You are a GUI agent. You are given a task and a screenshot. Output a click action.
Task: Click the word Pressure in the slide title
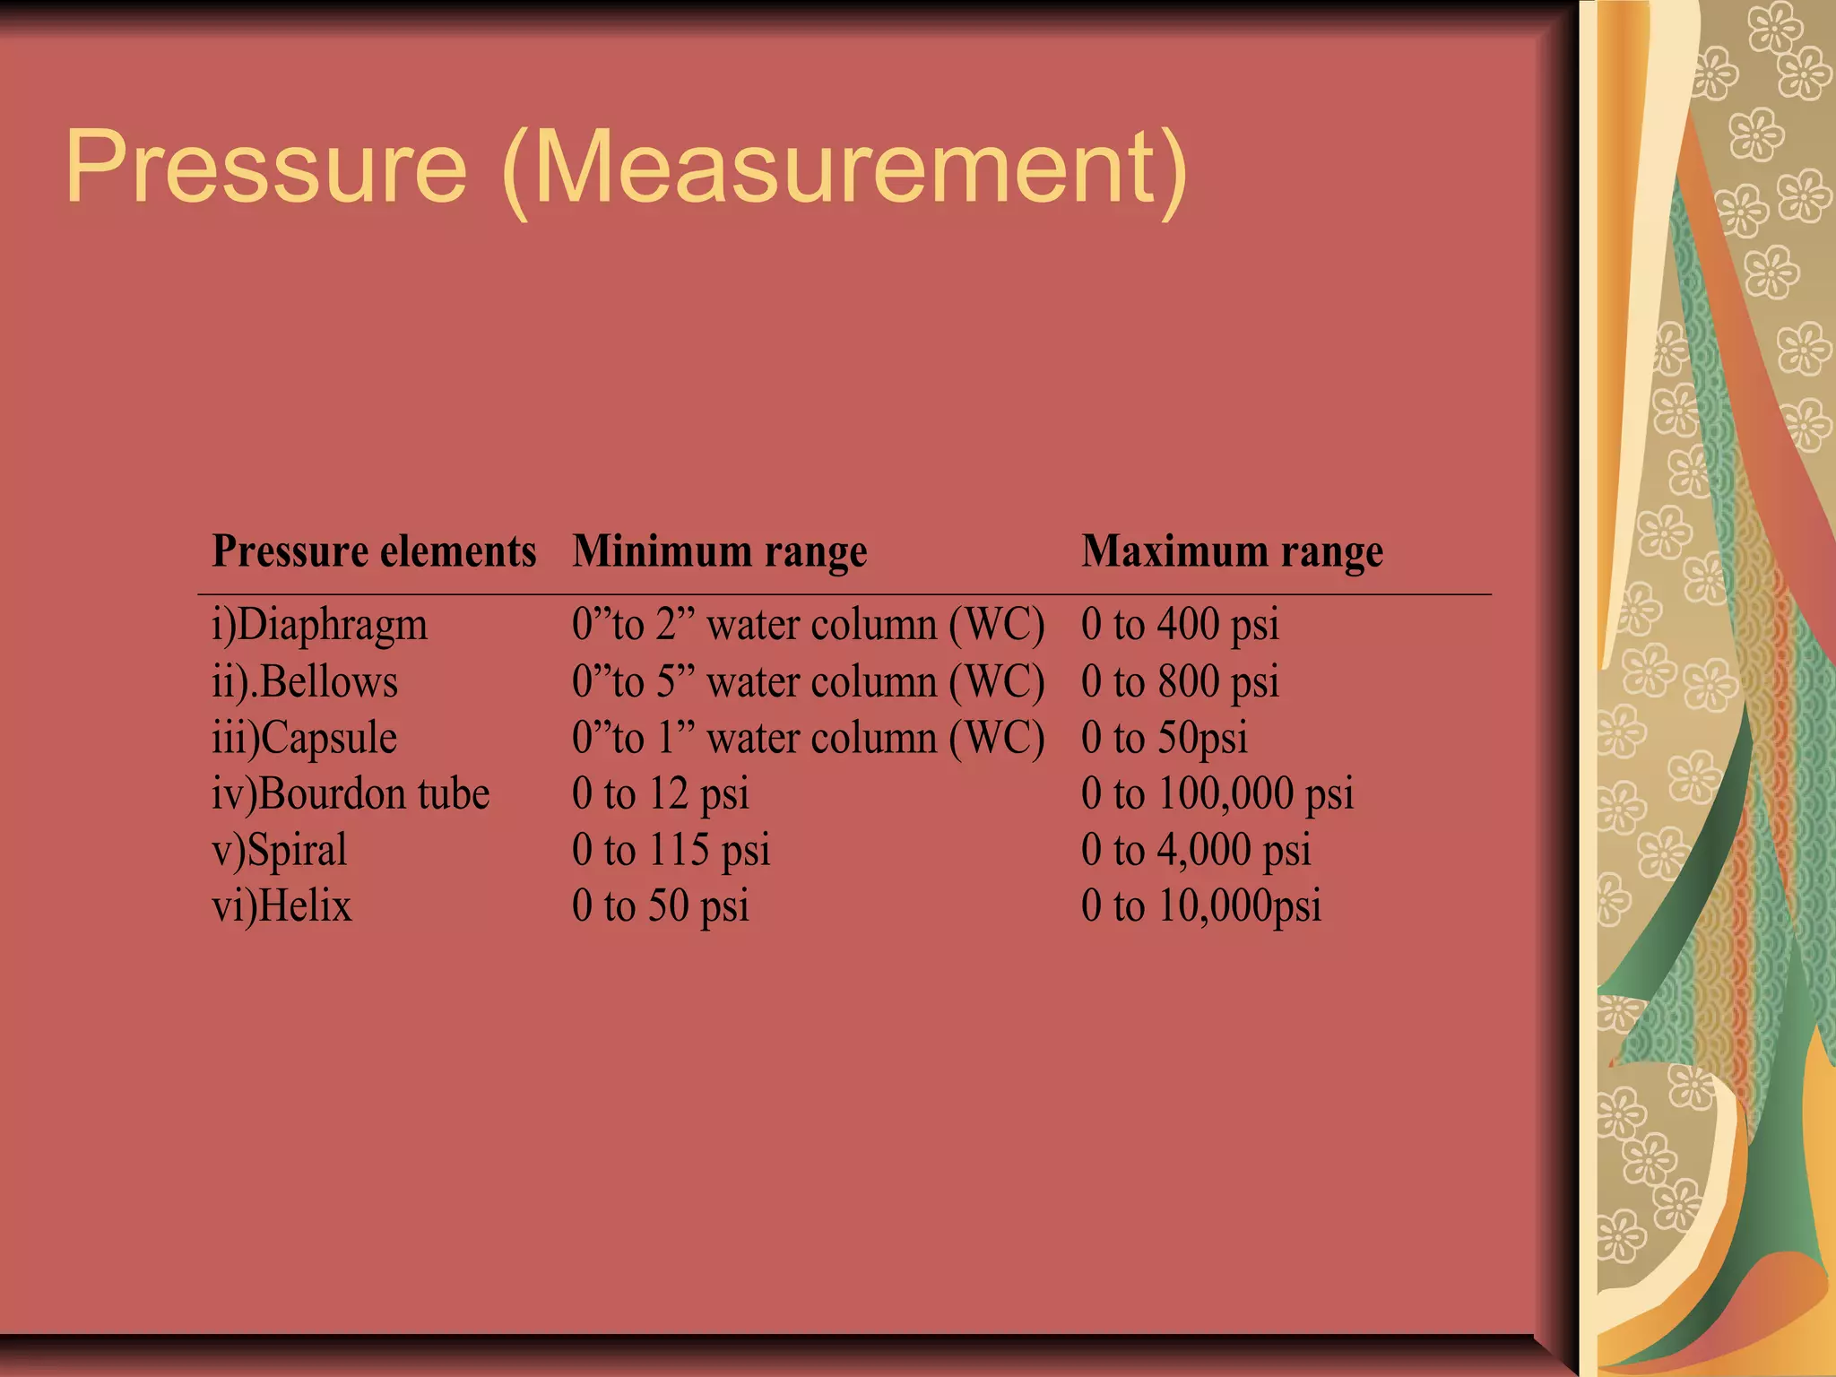click(266, 169)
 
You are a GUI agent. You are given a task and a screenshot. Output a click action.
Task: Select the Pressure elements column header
click(374, 551)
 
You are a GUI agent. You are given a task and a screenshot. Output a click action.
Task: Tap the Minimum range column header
click(720, 551)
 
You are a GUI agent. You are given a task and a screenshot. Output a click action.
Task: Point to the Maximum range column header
click(1233, 551)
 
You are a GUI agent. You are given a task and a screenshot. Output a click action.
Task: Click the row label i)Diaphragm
click(319, 626)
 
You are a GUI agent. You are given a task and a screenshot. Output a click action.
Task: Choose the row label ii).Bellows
click(305, 682)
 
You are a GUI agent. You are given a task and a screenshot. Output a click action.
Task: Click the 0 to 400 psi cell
click(1180, 625)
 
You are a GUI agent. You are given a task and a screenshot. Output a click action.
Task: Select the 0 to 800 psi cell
click(1180, 682)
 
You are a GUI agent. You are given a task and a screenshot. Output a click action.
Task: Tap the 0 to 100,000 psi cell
click(1217, 794)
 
